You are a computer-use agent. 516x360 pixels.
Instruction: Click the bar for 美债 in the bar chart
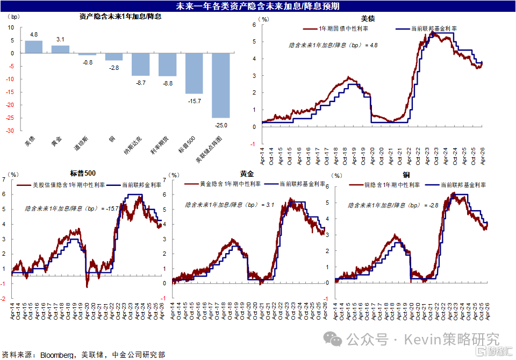point(33,47)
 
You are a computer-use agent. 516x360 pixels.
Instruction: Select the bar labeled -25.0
point(221,85)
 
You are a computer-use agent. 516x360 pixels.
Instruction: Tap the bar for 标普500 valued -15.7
point(194,73)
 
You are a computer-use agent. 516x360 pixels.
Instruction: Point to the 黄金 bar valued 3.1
point(60,49)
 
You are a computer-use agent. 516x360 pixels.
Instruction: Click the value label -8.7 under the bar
point(140,82)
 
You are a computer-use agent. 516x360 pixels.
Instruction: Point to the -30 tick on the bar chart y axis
point(11,131)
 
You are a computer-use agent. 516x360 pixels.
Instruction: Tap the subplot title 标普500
point(83,173)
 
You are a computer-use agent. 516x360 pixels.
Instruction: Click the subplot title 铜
point(407,175)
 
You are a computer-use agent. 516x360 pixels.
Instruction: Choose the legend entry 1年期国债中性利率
point(343,28)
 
